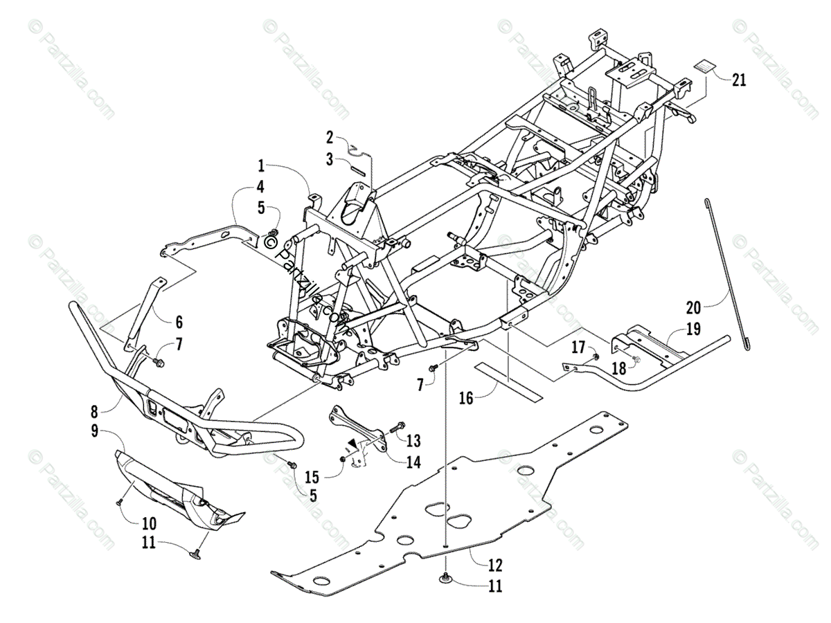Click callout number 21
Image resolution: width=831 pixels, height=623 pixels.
pos(739,80)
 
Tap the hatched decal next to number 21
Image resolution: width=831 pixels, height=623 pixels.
pos(705,68)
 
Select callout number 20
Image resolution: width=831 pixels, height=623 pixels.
pos(694,307)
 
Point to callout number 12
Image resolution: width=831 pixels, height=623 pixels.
pos(494,564)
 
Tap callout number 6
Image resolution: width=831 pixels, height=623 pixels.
pos(179,322)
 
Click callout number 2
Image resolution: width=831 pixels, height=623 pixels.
pos(330,136)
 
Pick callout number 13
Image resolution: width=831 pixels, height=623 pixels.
pos(413,441)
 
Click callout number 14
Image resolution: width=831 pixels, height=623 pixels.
pos(413,463)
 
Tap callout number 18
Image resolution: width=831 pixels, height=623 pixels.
pos(618,368)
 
